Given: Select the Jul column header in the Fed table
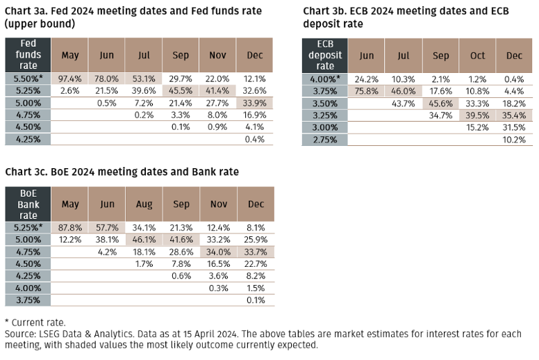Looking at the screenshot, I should (144, 55).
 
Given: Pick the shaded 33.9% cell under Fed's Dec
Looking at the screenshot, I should (254, 102).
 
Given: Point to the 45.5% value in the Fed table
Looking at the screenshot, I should (181, 90).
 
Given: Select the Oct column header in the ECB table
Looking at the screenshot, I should (477, 56).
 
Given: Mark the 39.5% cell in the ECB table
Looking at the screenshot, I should (477, 114).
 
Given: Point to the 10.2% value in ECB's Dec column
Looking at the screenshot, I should (514, 138).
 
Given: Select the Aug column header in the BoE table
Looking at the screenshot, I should (144, 204).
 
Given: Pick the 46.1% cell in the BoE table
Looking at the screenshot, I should (144, 239).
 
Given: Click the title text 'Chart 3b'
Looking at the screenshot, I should (326, 11).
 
